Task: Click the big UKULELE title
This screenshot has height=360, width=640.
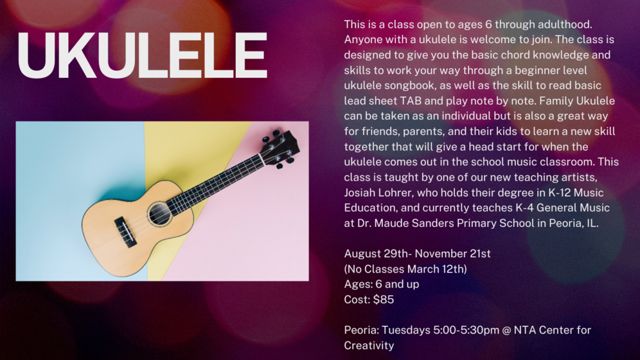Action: (x=142, y=55)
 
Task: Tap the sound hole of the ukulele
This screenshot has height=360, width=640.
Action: (x=159, y=213)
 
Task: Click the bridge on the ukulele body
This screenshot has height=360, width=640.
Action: (x=125, y=232)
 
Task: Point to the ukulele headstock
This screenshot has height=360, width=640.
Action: (x=281, y=148)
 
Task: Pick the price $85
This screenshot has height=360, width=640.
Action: (x=383, y=300)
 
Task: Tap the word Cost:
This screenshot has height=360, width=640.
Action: (x=357, y=300)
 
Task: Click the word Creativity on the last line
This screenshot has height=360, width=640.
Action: (x=369, y=346)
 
